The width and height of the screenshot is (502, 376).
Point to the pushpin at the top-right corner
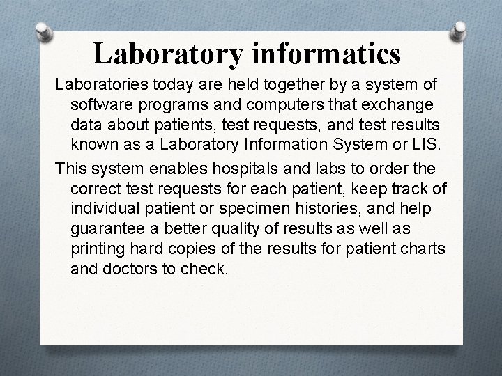click(x=460, y=31)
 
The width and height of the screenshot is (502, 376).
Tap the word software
click(x=100, y=105)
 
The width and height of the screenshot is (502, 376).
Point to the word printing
click(x=98, y=248)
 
